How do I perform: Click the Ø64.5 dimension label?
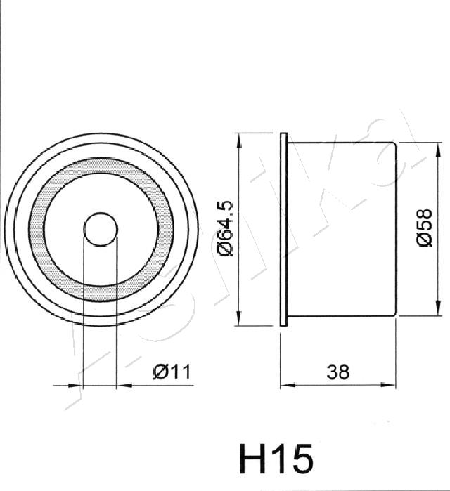point(226,228)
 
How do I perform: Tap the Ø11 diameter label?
point(172,372)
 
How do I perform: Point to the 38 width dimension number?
point(337,372)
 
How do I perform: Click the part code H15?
point(276,459)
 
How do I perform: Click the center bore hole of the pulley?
point(101,229)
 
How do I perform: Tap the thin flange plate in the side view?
point(283,230)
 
